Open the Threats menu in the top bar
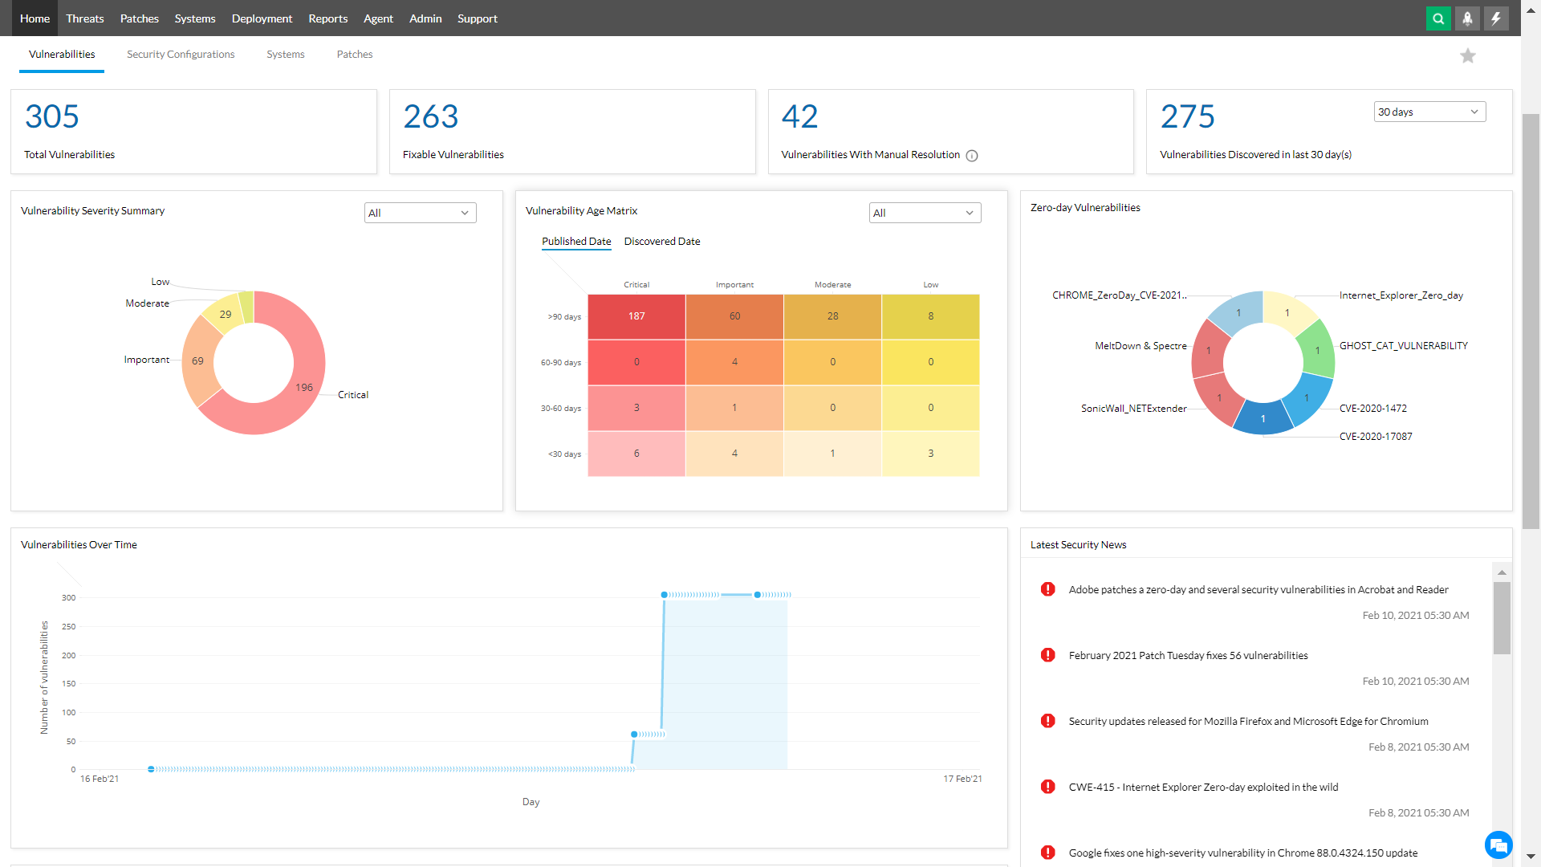[x=84, y=18]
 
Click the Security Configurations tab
[x=181, y=55]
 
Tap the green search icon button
[x=1438, y=18]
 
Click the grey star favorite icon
[x=1467, y=55]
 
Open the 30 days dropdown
[x=1429, y=112]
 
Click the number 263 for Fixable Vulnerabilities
[x=430, y=117]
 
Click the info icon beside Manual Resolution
[x=972, y=156]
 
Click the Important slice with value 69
[x=197, y=361]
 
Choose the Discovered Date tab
[x=661, y=242]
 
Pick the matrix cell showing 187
[x=636, y=316]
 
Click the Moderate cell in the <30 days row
[x=832, y=454]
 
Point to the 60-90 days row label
[x=560, y=363]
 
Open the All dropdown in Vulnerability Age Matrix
[x=924, y=213]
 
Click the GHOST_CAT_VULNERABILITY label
[x=1403, y=346]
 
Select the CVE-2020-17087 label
[x=1375, y=437]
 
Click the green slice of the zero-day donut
[x=1316, y=350]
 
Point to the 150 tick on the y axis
[x=68, y=684]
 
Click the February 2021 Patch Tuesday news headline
[x=1188, y=656]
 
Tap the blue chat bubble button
[x=1498, y=845]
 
